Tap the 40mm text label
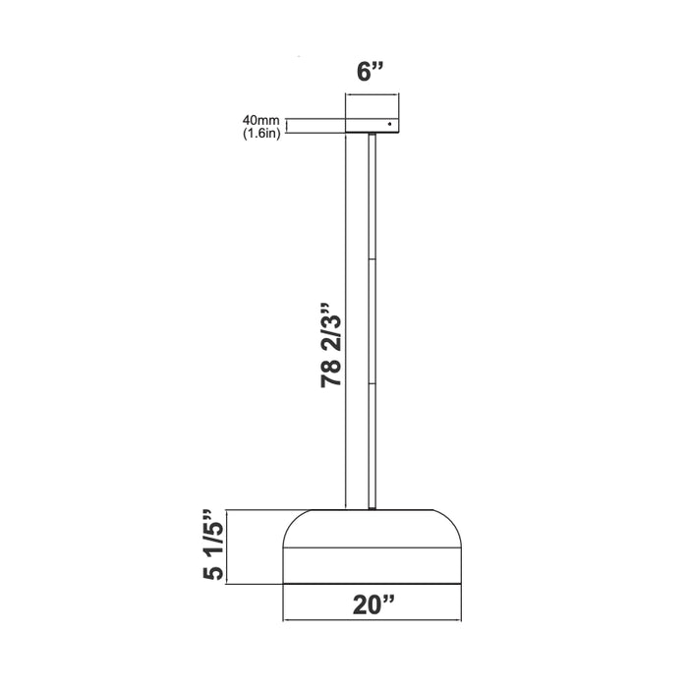click(x=259, y=121)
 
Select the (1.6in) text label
click(x=260, y=133)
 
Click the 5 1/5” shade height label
click(x=210, y=546)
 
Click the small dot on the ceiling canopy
click(x=390, y=124)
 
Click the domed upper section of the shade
click(x=371, y=529)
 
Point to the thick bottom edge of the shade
click(x=371, y=585)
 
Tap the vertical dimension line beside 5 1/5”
click(x=228, y=546)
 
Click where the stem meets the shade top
click(x=372, y=508)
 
